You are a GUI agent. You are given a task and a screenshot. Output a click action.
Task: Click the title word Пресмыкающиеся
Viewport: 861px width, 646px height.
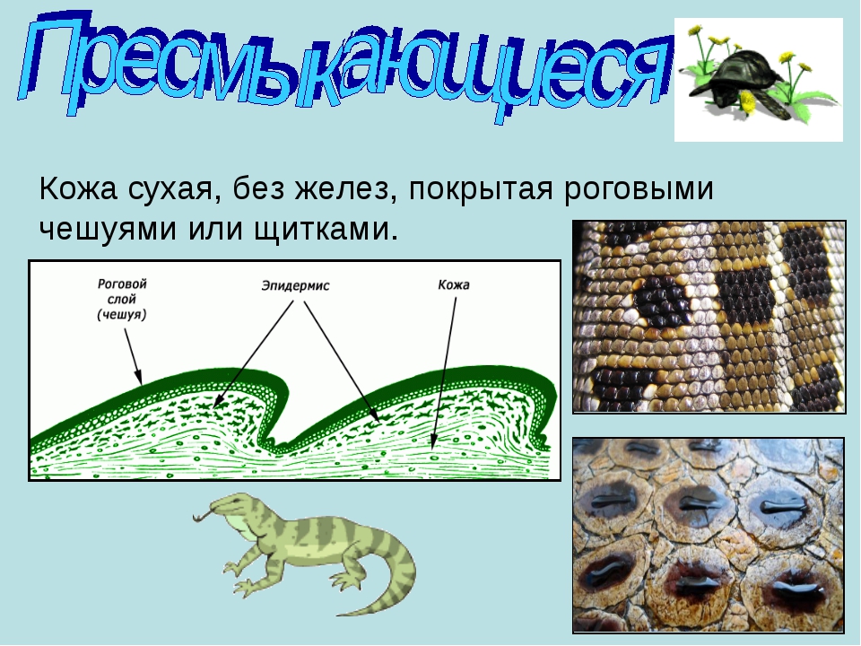(x=344, y=65)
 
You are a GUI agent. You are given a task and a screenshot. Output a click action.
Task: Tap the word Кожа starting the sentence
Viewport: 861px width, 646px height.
(x=78, y=189)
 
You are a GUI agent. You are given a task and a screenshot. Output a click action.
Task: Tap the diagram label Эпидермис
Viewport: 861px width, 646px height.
(x=295, y=285)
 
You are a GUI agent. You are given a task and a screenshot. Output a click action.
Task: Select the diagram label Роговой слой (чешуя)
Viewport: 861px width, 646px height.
(x=122, y=300)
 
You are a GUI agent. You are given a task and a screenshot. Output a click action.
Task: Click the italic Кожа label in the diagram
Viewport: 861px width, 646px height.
(x=454, y=285)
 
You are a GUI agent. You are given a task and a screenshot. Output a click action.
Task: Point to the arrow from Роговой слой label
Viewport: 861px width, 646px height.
(x=133, y=356)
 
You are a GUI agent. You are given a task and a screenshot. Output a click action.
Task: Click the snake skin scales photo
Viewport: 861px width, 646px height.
(x=709, y=317)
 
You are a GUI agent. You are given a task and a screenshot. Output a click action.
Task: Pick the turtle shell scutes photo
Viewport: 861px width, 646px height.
(x=709, y=535)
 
